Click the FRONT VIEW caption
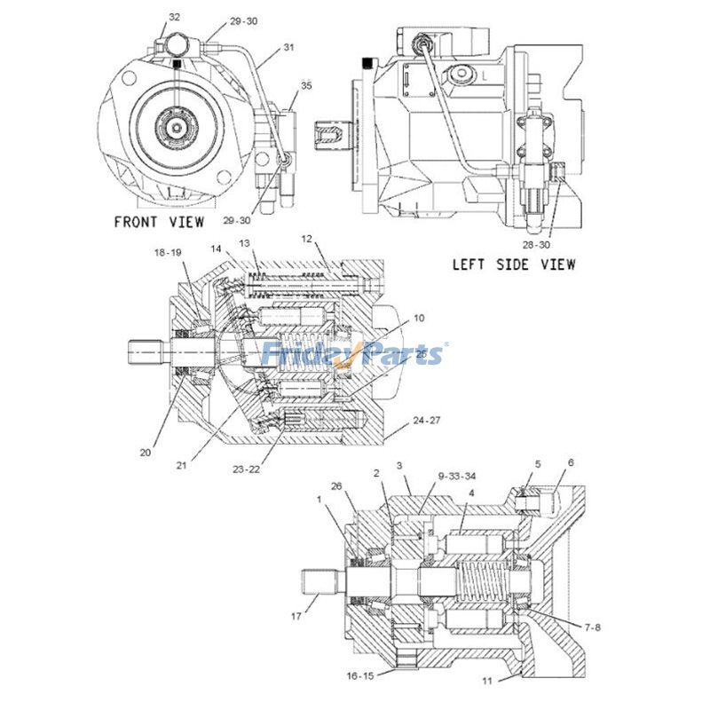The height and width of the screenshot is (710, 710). (x=158, y=221)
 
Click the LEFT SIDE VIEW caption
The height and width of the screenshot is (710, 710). (x=513, y=264)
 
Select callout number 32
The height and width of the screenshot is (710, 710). (x=174, y=17)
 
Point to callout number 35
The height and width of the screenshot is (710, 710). (x=305, y=86)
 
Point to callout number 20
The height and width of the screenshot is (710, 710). (x=146, y=452)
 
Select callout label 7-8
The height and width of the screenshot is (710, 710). (x=591, y=627)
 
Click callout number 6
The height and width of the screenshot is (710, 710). (x=571, y=462)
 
